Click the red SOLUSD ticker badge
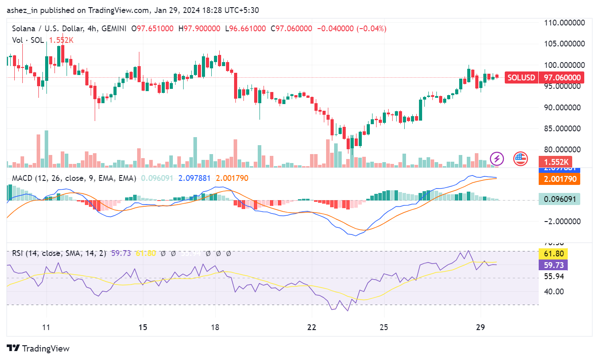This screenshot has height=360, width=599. tap(521, 78)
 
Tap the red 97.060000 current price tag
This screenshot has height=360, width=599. tap(562, 78)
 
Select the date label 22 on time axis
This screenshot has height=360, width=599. tap(312, 327)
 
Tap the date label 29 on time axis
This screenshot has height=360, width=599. tap(481, 327)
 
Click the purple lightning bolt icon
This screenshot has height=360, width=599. tap(497, 159)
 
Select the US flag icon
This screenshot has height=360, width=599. tap(520, 159)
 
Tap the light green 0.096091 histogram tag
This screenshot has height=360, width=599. tap(559, 199)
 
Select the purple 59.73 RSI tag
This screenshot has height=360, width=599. tap(553, 265)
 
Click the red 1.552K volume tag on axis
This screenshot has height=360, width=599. tap(553, 162)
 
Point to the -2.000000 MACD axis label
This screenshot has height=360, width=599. tap(562, 222)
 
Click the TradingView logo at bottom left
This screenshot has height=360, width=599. tap(38, 348)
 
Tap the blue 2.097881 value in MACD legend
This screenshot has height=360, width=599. tap(194, 178)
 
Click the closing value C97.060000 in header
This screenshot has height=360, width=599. tap(292, 29)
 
